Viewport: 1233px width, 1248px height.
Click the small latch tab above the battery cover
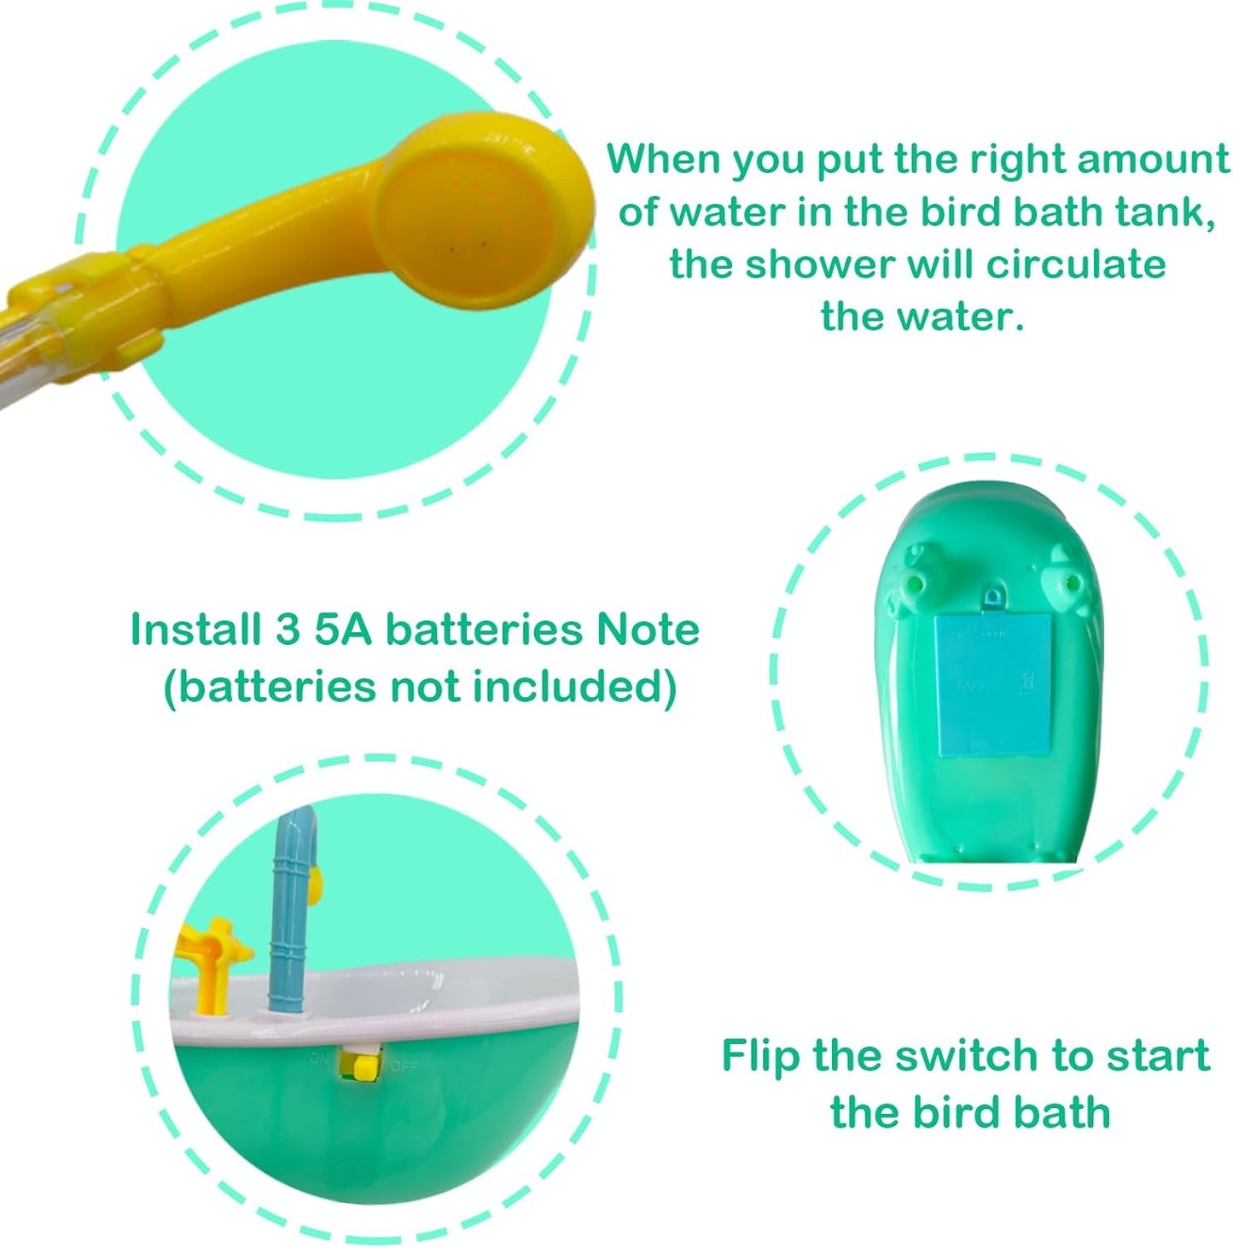pos(992,599)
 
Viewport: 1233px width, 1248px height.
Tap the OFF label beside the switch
pos(404,1065)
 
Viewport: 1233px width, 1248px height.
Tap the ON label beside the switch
pos(318,1059)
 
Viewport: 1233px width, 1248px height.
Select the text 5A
pos(342,630)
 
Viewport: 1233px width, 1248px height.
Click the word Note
pos(648,630)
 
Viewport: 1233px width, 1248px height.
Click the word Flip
pos(760,1055)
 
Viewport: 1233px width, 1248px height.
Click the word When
pos(663,160)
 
